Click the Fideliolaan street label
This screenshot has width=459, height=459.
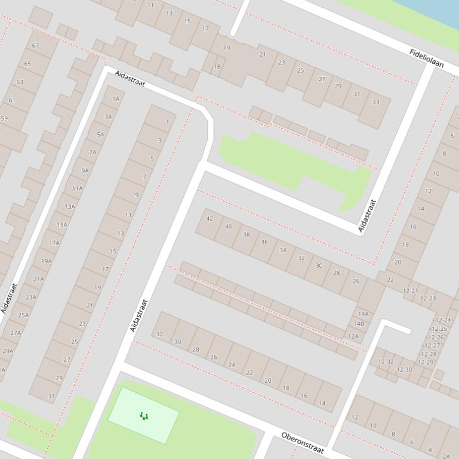[427, 58]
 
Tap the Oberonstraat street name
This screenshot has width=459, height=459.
[302, 443]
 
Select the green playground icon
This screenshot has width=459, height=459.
[143, 415]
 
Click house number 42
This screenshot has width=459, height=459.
[210, 219]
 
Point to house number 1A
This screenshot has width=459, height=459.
[116, 99]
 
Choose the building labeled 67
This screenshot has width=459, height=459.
[36, 46]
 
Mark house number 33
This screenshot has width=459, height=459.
[375, 102]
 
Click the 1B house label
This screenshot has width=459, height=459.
[217, 67]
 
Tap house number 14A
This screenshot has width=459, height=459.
[363, 314]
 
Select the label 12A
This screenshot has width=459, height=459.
[353, 336]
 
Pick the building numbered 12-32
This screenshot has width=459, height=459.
[386, 361]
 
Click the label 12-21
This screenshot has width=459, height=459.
[410, 291]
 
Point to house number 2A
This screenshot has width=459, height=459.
[446, 456]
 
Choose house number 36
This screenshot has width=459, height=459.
[264, 242]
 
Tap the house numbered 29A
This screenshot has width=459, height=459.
[8, 351]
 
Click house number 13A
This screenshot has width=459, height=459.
[70, 207]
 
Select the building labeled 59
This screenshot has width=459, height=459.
[5, 119]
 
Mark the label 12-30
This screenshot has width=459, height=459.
[404, 370]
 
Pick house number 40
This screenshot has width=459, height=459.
[228, 227]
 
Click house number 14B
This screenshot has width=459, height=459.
[359, 324]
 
